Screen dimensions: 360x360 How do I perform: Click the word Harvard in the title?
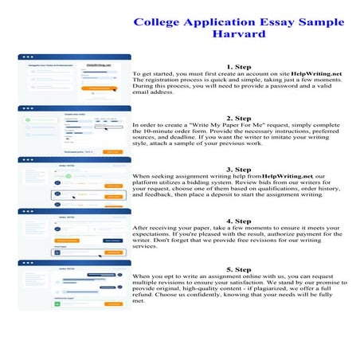click(240, 35)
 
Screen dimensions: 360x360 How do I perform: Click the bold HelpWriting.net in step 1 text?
click(315, 74)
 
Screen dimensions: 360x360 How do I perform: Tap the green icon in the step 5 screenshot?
click(57, 301)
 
